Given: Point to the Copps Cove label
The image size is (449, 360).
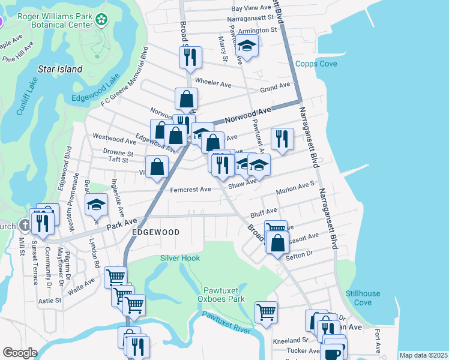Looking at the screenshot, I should [316, 64].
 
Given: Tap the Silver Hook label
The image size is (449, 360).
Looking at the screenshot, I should [179, 258].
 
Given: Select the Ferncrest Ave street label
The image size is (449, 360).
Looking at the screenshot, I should [190, 190].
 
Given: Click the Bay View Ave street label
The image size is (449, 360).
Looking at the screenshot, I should [253, 8].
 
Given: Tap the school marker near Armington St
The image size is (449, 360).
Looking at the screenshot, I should [246, 46].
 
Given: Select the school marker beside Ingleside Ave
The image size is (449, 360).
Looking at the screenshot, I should [96, 205].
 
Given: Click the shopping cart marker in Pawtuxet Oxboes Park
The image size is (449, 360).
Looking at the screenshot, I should [266, 311].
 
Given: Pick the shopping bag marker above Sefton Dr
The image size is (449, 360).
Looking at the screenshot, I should [277, 243].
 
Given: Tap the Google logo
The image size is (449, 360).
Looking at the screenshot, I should [20, 353].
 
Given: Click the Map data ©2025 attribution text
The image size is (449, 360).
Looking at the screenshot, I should [423, 355].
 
